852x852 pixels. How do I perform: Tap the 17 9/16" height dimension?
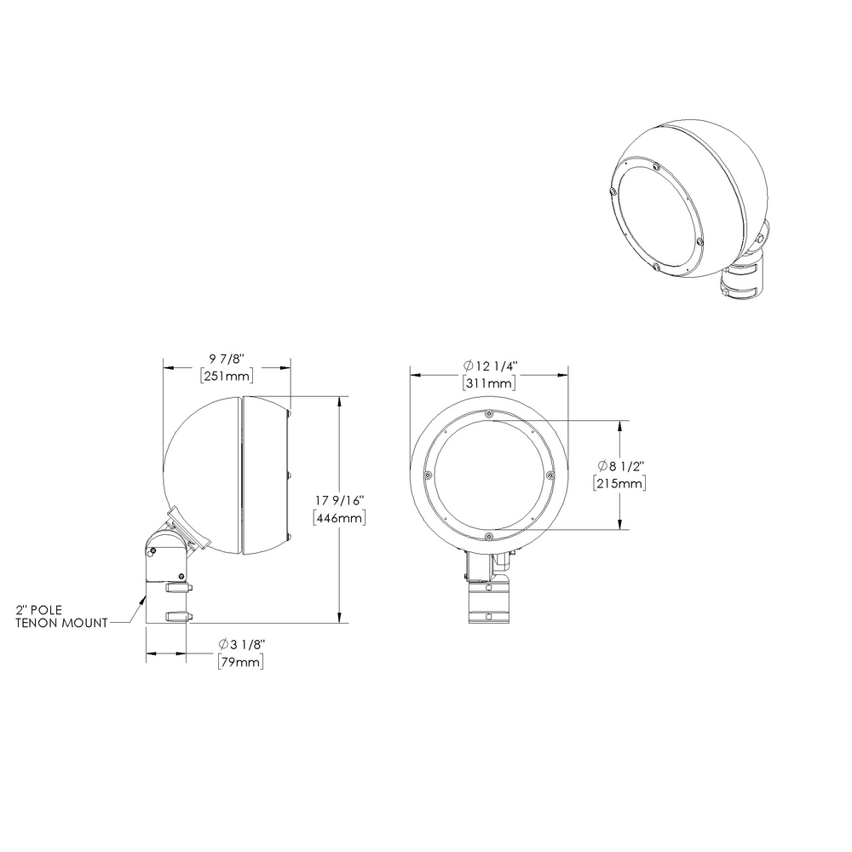340,501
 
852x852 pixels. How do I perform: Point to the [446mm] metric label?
340,518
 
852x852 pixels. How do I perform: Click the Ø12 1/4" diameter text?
489,366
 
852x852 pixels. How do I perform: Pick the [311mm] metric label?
489,383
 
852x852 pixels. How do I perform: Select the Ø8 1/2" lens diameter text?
620,466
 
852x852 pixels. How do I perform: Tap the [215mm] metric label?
619,483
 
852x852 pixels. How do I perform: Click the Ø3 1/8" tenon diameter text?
239,644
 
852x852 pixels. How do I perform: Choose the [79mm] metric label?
239,661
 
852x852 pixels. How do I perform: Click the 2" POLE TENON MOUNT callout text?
62,616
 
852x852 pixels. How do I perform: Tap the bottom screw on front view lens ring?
488,536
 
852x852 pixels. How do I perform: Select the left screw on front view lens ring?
426,475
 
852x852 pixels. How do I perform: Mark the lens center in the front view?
488,475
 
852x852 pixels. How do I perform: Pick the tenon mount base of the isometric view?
744,281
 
